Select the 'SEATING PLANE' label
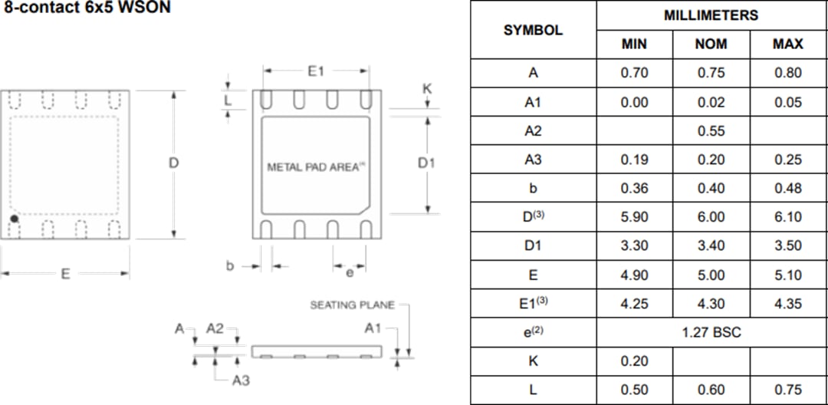(352, 305)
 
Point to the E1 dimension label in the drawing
(316, 71)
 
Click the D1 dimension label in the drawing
(426, 163)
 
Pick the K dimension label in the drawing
(427, 89)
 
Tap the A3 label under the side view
(241, 380)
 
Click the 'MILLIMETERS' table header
(711, 15)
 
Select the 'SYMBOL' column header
(533, 30)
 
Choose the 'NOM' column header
(711, 44)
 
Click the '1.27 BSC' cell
(711, 332)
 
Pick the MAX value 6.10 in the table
(788, 217)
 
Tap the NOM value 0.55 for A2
(711, 131)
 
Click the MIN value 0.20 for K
(634, 361)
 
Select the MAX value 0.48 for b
(788, 189)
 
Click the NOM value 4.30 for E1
(711, 304)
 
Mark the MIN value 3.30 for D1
(634, 246)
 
